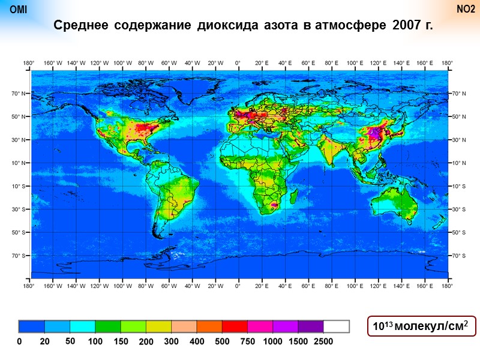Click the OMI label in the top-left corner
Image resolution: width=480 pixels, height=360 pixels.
(x=19, y=10)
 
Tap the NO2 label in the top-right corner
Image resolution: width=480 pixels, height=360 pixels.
(x=466, y=10)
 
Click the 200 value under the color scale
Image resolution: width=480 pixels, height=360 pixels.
(x=146, y=341)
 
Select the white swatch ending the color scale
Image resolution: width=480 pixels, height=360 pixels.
(x=336, y=326)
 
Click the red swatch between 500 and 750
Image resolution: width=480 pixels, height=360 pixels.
(x=235, y=326)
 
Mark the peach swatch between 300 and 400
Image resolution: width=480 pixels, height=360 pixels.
(x=184, y=326)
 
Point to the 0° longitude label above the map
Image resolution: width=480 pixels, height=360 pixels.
(x=238, y=62)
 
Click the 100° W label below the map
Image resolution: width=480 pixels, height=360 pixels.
(x=122, y=286)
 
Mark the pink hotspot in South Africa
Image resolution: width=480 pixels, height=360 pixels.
(x=274, y=205)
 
